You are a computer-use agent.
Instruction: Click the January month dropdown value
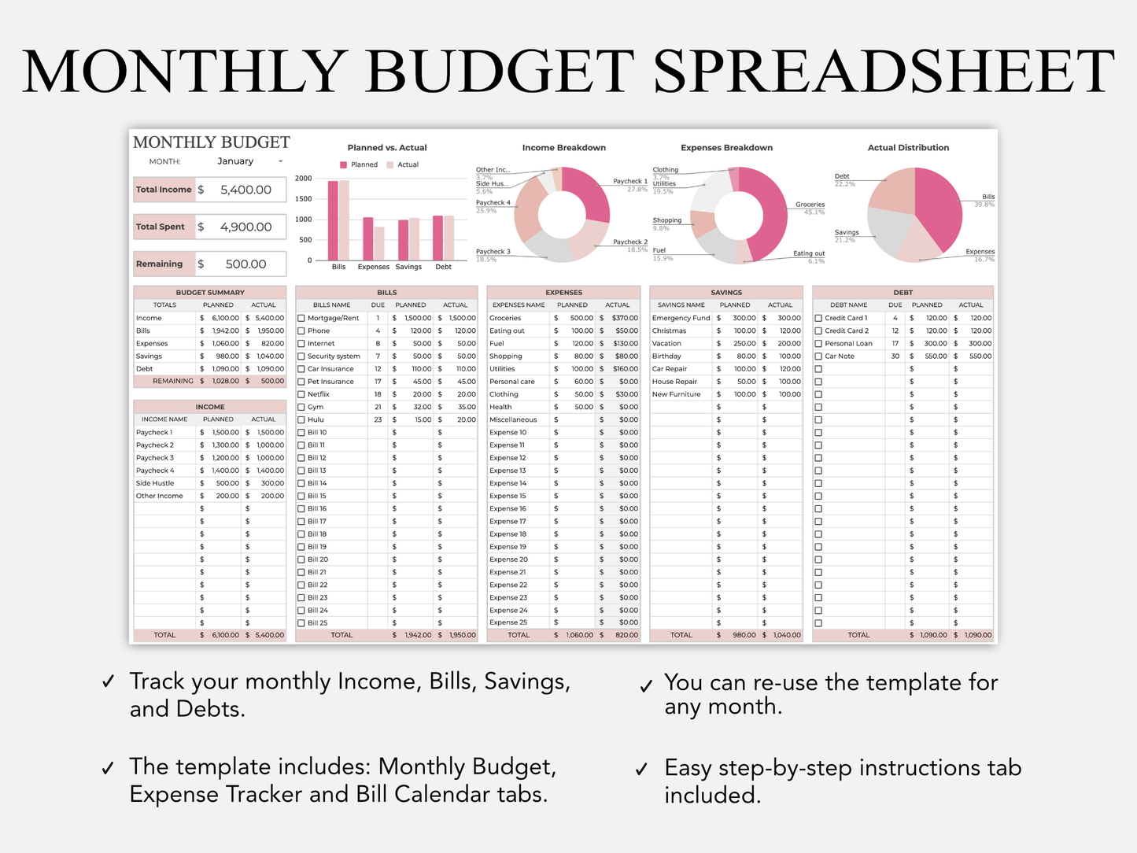click(x=235, y=161)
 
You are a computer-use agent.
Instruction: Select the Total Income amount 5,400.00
click(x=245, y=190)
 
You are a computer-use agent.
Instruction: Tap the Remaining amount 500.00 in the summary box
click(x=245, y=264)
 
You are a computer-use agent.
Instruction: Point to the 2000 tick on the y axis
click(x=304, y=179)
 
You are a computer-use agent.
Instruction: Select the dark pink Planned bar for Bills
click(x=333, y=220)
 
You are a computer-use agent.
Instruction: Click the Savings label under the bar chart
click(x=408, y=268)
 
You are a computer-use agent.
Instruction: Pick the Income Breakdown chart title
click(x=563, y=148)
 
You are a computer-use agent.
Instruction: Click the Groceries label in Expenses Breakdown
click(x=810, y=205)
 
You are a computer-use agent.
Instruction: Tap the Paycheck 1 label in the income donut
click(x=629, y=182)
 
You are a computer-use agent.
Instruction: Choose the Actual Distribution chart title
click(x=908, y=148)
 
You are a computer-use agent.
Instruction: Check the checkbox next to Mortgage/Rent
click(x=301, y=319)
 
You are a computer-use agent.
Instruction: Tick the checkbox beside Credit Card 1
click(x=818, y=319)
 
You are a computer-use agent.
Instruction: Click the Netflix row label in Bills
click(x=319, y=395)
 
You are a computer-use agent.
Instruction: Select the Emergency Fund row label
click(x=681, y=319)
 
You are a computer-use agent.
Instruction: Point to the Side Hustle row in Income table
click(x=155, y=484)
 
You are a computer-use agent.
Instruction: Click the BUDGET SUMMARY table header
click(x=210, y=293)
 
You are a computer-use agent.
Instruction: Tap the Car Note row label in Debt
click(x=840, y=356)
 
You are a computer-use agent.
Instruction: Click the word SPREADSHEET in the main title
click(x=884, y=72)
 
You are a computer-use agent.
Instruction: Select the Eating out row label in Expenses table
click(x=507, y=331)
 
